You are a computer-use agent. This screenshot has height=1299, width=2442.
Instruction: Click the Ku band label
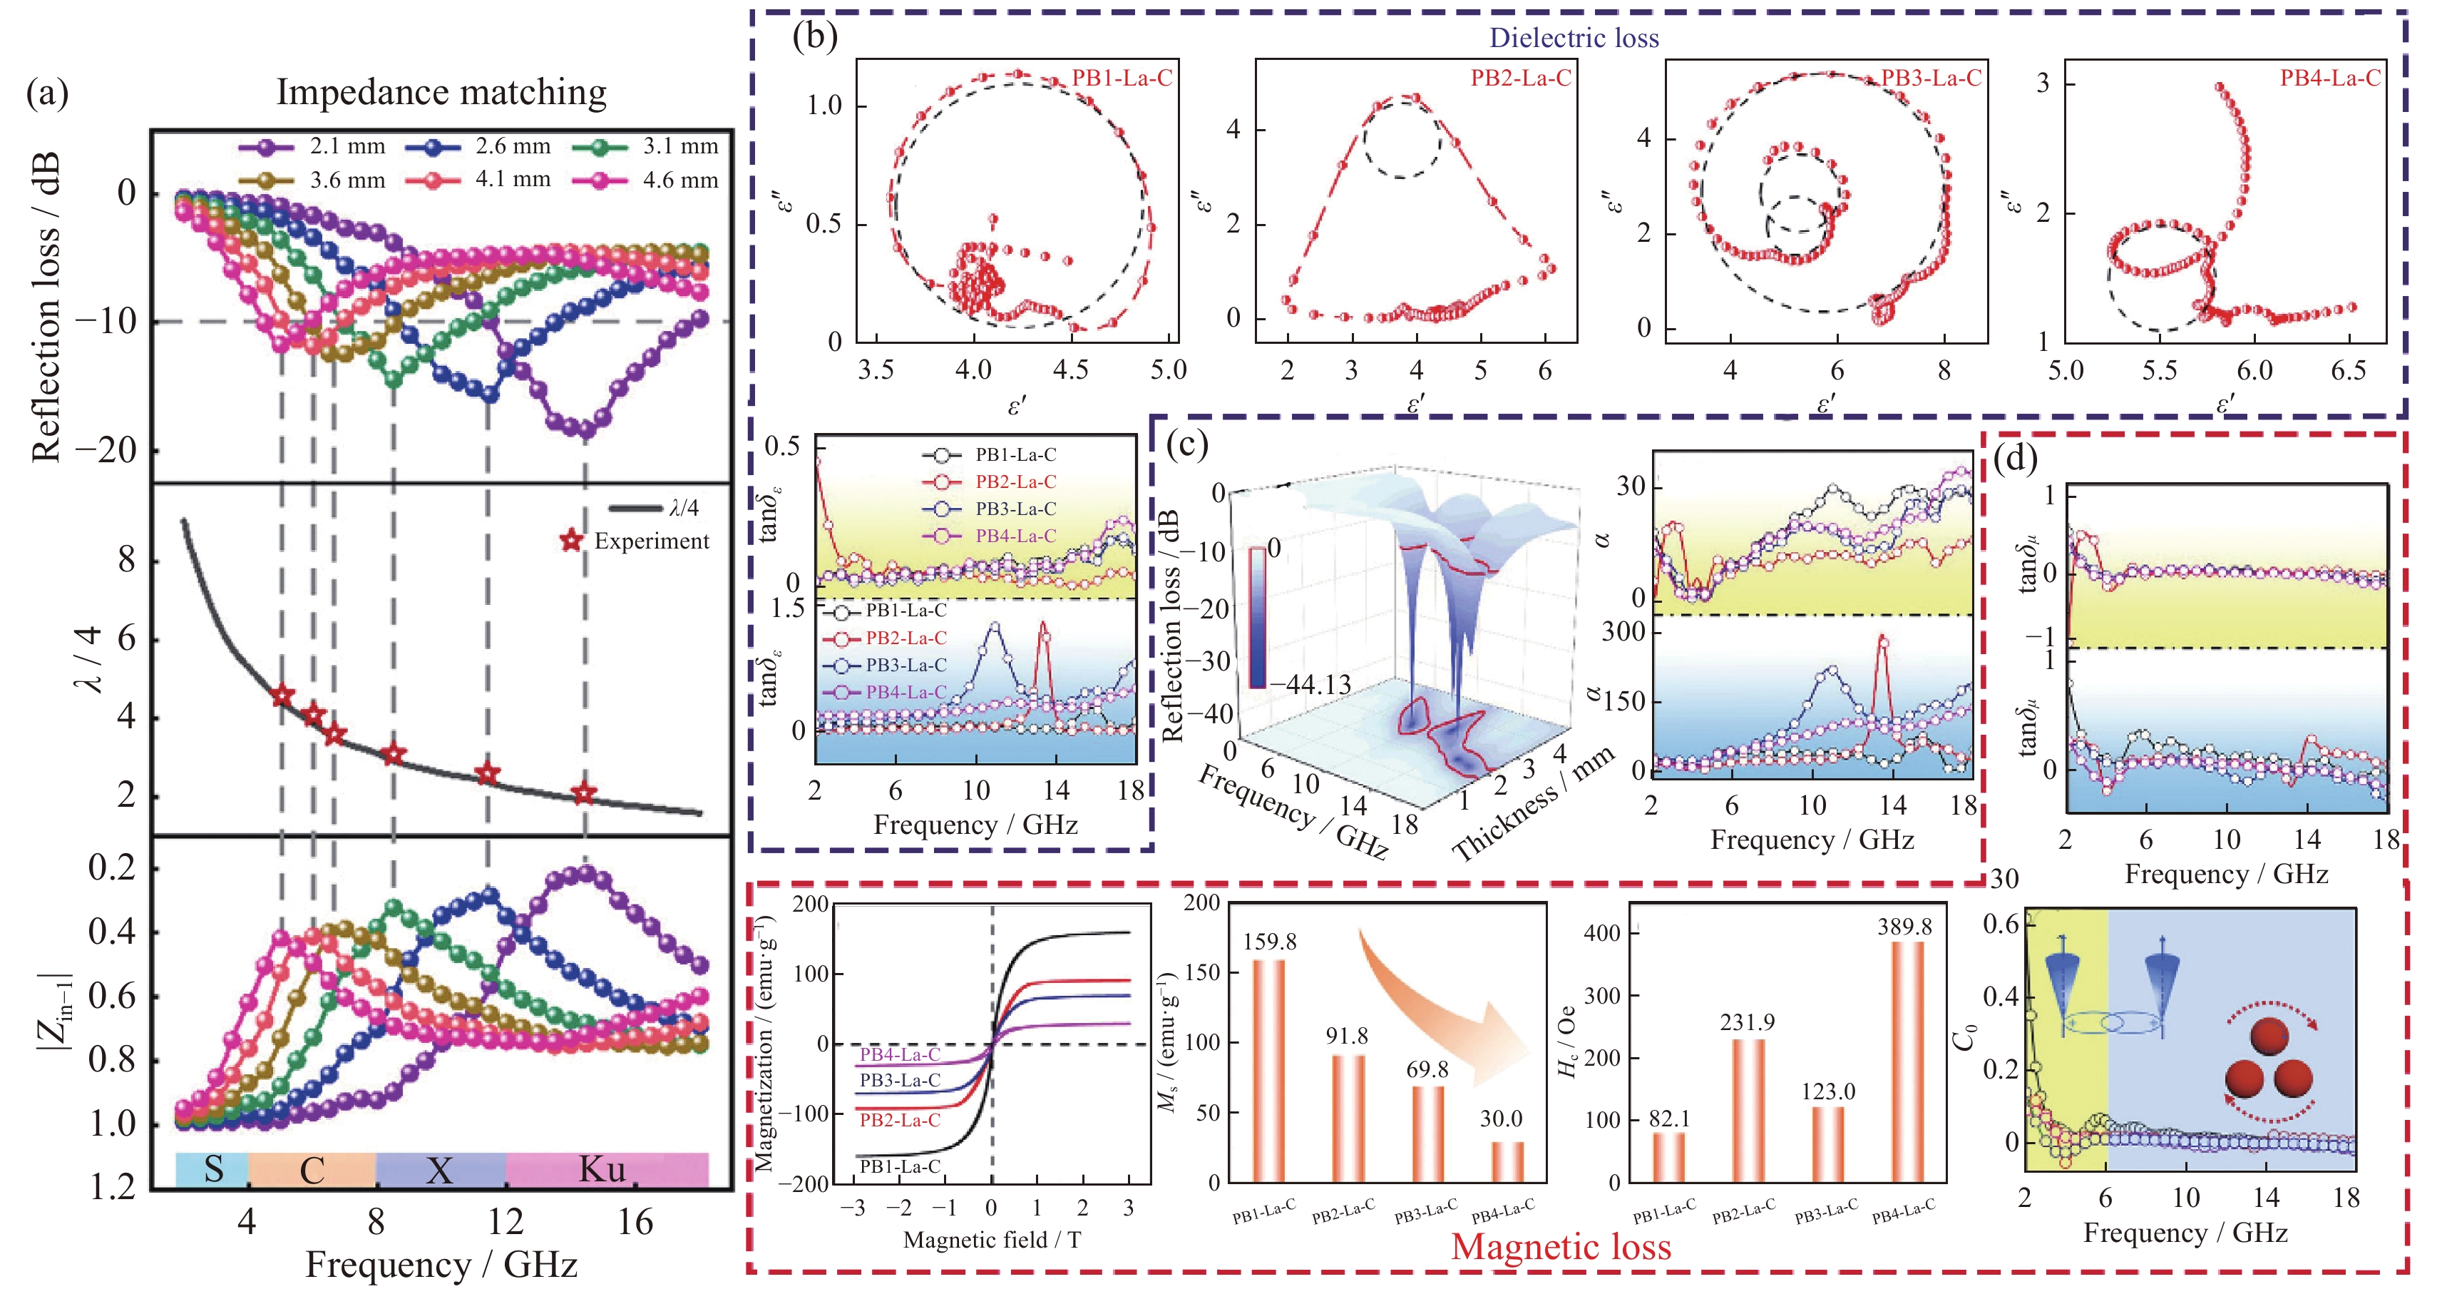(603, 1169)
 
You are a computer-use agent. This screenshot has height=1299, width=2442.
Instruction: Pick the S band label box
(212, 1169)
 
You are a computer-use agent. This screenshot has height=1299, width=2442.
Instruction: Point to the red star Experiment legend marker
(570, 541)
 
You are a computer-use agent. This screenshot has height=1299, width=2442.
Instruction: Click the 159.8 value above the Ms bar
(1269, 942)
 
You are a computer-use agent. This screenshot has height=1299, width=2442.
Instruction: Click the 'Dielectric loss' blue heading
(1574, 38)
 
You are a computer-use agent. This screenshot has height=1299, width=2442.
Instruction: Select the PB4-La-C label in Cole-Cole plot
(2329, 78)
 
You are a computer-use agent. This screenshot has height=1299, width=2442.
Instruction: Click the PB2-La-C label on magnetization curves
(900, 1120)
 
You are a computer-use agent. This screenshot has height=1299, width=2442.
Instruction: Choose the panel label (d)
(2014, 459)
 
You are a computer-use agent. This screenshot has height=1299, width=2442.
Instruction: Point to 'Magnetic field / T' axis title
(992, 1239)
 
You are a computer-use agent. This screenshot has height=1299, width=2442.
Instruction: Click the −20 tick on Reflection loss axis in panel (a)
(106, 449)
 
